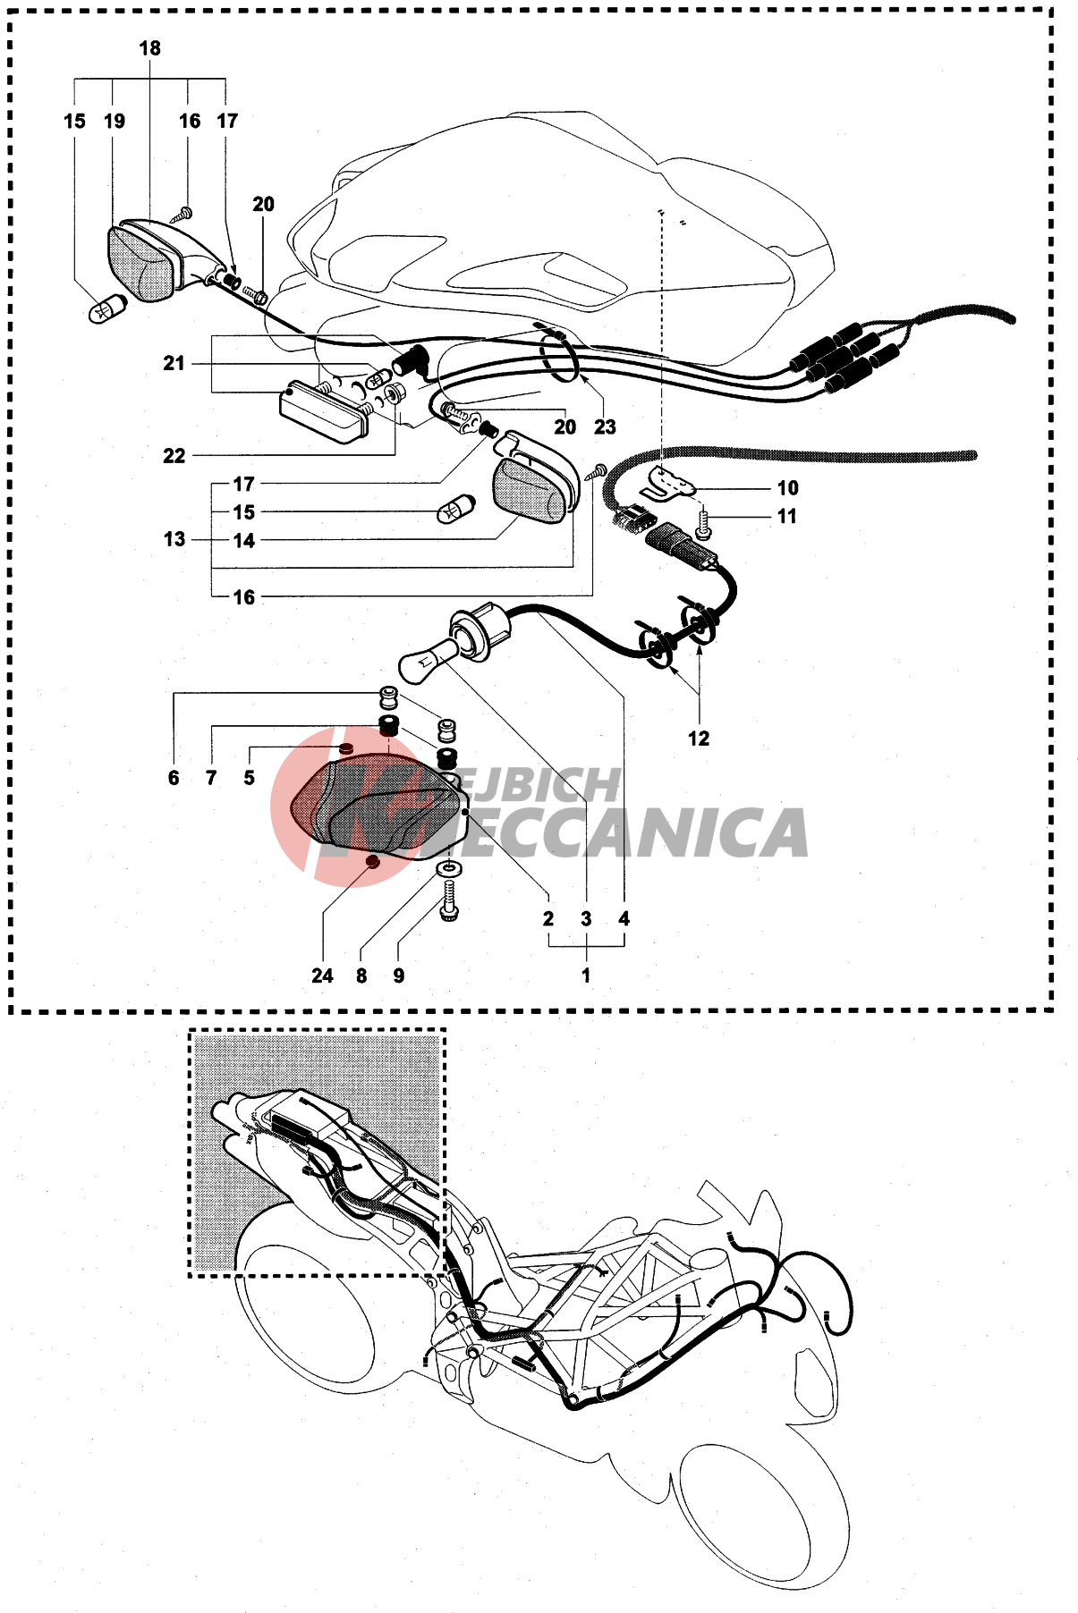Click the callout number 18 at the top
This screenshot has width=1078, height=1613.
tap(149, 48)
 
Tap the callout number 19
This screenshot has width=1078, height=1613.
tap(115, 122)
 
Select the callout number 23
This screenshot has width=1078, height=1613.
tap(605, 427)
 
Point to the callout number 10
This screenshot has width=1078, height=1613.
tap(787, 488)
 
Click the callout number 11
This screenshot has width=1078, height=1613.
tap(786, 517)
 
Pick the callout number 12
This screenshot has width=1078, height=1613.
tap(699, 739)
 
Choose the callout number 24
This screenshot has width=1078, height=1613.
tap(322, 976)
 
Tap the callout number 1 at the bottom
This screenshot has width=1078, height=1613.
tap(586, 975)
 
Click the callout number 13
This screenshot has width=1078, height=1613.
tap(174, 539)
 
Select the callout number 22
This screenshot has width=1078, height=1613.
tap(174, 456)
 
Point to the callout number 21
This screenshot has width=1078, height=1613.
tap(174, 363)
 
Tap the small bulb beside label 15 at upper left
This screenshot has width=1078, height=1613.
tap(108, 308)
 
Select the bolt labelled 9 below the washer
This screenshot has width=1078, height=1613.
tap(449, 901)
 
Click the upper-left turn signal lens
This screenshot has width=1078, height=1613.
tap(141, 263)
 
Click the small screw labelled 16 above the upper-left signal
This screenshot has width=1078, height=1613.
tap(183, 215)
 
